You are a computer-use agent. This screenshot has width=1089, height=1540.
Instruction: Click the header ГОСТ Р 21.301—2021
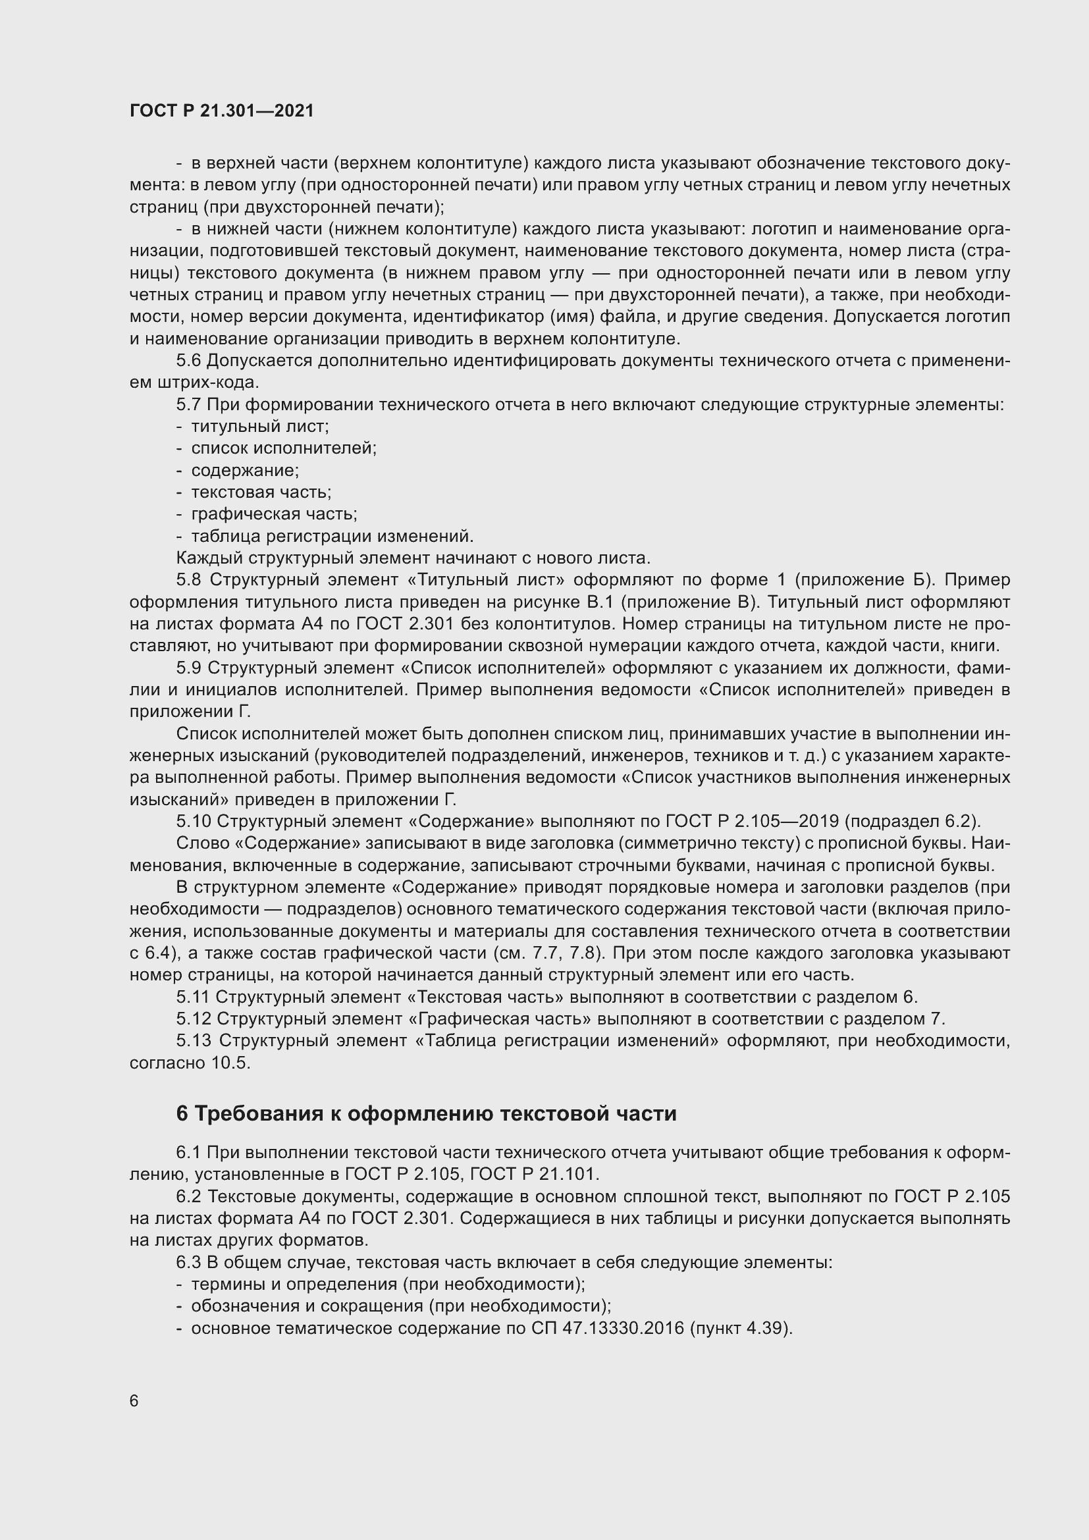pos(221,111)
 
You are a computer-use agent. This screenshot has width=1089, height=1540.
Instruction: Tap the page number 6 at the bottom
pos(134,1400)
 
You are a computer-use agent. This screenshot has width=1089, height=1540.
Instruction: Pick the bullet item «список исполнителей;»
pos(284,448)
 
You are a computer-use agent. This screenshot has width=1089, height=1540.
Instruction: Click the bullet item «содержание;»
pos(245,470)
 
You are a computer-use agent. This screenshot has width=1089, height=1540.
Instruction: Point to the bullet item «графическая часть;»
pos(274,514)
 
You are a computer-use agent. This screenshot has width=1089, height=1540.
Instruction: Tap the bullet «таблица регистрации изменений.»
pos(332,536)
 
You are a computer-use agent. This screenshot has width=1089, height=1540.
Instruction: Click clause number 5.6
pos(188,361)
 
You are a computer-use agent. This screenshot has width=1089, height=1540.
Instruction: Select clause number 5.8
pos(189,579)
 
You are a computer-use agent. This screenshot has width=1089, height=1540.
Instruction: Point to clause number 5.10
pos(193,821)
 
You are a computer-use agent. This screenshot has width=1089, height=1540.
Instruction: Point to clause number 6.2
pos(188,1196)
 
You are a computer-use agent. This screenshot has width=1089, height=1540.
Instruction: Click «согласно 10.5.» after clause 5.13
pos(190,1063)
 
